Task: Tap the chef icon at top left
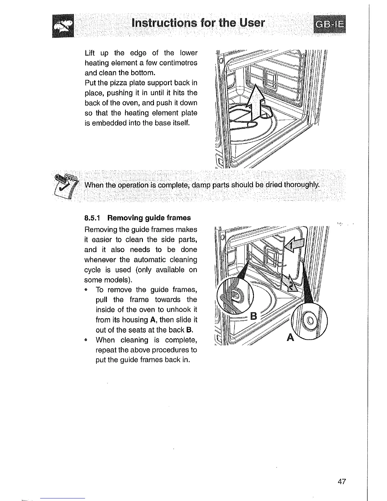pyautogui.click(x=63, y=26)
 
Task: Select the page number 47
pyautogui.click(x=342, y=482)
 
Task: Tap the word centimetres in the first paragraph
pyautogui.click(x=178, y=63)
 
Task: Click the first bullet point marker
pyautogui.click(x=86, y=290)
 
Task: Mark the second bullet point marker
pyautogui.click(x=86, y=340)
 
